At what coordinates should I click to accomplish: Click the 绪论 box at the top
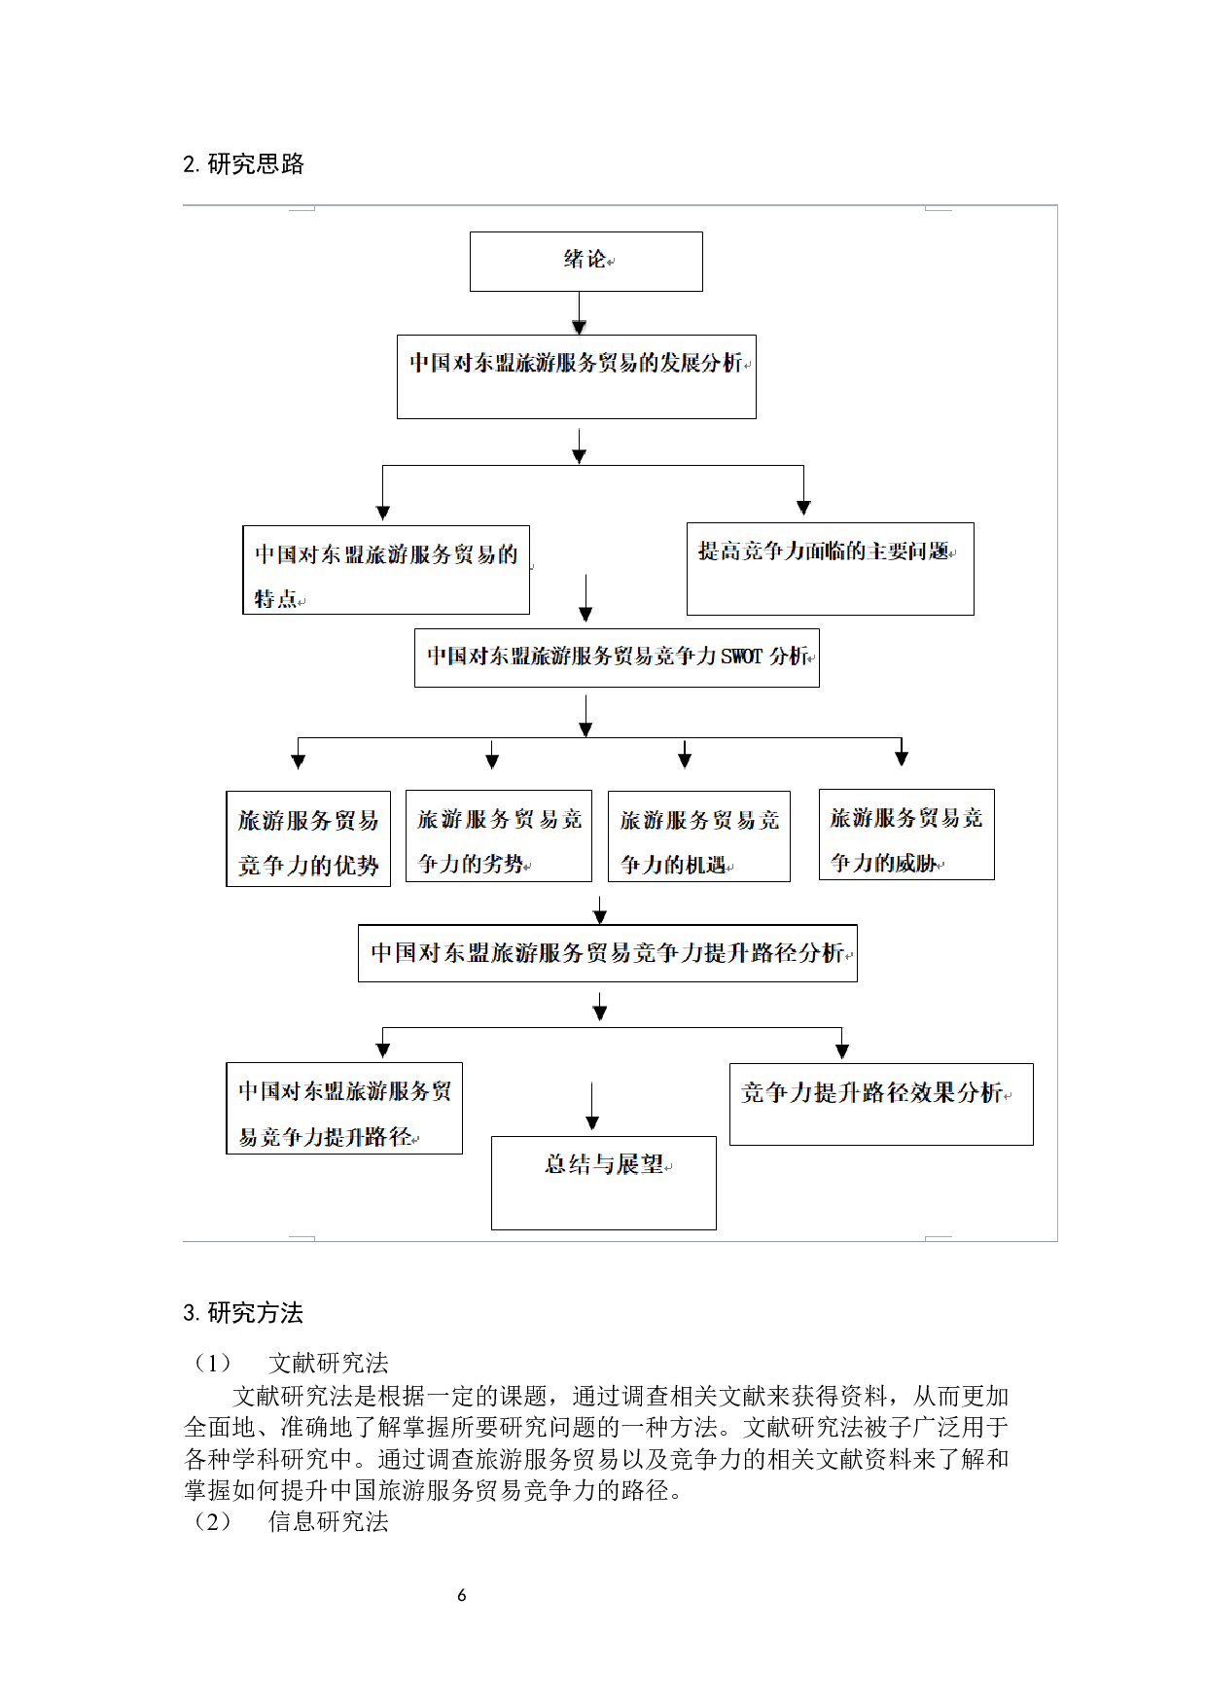coord(585,261)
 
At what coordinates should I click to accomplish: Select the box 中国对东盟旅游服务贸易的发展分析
coord(576,376)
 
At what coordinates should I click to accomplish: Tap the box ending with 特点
coord(385,570)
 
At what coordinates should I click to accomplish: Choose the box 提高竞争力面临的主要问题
coord(830,568)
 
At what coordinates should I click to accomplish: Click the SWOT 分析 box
coord(617,658)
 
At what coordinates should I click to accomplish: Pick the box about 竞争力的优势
coord(308,838)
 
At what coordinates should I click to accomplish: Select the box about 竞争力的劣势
coord(498,836)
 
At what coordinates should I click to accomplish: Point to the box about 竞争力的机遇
coord(698,836)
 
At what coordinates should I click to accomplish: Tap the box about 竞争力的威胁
coord(906,835)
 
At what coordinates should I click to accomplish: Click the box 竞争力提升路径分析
coord(607,953)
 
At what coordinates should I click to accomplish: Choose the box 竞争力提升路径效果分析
coord(881,1104)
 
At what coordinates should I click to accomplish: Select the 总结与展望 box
coord(603,1183)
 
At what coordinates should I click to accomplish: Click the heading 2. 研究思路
coord(243,164)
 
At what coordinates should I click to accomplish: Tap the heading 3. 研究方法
coord(243,1313)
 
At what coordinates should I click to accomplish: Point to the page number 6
coord(462,1595)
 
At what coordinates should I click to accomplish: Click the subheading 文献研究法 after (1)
coord(328,1363)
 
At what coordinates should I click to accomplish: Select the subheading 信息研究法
coord(328,1521)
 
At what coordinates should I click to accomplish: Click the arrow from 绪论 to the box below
coord(580,313)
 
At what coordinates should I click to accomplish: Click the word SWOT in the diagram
coord(741,658)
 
